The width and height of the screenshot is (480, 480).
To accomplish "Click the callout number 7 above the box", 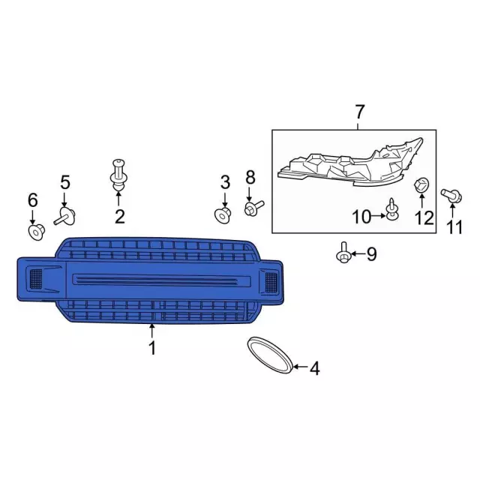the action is pos(359,112).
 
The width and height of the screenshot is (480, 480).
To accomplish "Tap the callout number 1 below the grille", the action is pos(152,348).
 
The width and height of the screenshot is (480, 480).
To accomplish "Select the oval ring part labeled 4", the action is pos(270,355).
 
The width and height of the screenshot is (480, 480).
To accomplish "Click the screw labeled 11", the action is pos(451,195).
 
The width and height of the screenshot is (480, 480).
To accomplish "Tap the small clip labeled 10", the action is pos(392,209).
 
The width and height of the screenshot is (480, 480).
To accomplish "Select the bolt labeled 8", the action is pos(254,208).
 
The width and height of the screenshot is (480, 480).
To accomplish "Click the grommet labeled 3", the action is pos(223,215).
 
